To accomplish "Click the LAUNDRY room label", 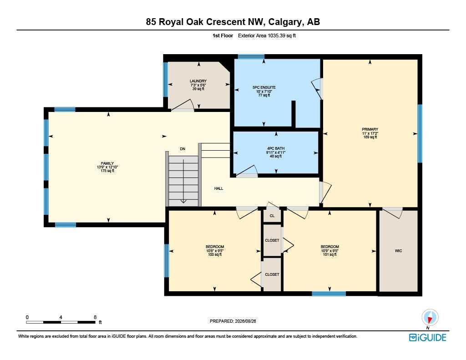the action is click(x=198, y=81).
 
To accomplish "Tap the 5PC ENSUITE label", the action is click(x=264, y=87).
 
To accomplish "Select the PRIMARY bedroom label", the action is click(x=370, y=129).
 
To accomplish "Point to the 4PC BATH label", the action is click(x=275, y=148).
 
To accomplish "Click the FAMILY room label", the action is click(x=107, y=163).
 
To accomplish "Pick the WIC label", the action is click(x=399, y=251).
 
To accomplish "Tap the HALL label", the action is click(x=219, y=188).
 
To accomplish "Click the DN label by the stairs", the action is click(x=182, y=149).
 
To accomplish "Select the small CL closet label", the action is click(x=272, y=216).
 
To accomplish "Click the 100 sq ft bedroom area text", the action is click(x=215, y=254).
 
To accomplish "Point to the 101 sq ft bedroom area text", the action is click(x=329, y=254).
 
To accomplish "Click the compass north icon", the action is click(x=430, y=318).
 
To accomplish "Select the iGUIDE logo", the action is click(x=427, y=337).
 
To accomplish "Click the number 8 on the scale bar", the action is click(x=95, y=317).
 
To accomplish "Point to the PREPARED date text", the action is click(x=233, y=321).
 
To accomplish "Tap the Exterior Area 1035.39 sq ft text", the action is click(x=267, y=35).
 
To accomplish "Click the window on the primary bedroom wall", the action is click(x=420, y=133).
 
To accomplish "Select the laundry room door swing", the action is click(x=185, y=105).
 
